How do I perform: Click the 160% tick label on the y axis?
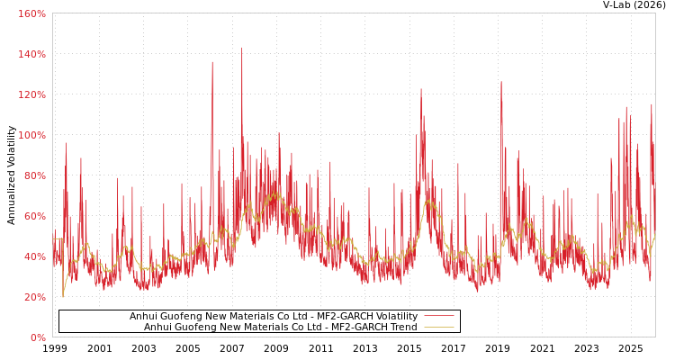click(31, 13)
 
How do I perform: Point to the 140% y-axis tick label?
click(31, 54)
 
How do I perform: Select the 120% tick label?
click(31, 94)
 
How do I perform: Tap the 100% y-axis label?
click(31, 135)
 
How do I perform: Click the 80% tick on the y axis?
click(34, 175)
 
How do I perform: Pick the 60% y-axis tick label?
click(34, 216)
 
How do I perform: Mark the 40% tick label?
click(34, 256)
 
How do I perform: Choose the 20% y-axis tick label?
click(34, 297)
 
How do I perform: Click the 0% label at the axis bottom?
click(37, 337)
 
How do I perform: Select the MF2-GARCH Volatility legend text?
click(274, 317)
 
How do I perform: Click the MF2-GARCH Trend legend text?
click(281, 328)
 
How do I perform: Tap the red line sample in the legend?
click(438, 317)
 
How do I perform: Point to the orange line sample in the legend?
click(438, 328)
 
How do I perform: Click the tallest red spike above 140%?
click(241, 49)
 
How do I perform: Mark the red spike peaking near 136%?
click(212, 63)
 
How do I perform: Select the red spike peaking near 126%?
click(501, 83)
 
